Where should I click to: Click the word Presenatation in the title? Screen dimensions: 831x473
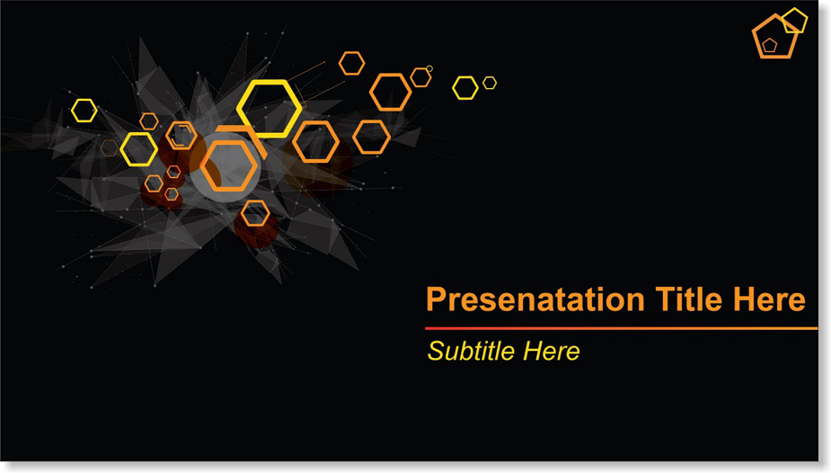535,299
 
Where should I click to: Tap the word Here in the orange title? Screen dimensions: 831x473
770,299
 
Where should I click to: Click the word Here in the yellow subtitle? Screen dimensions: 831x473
552,351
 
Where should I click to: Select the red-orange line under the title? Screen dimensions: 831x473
621,329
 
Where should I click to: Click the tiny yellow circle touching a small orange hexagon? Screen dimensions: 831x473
429,68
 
